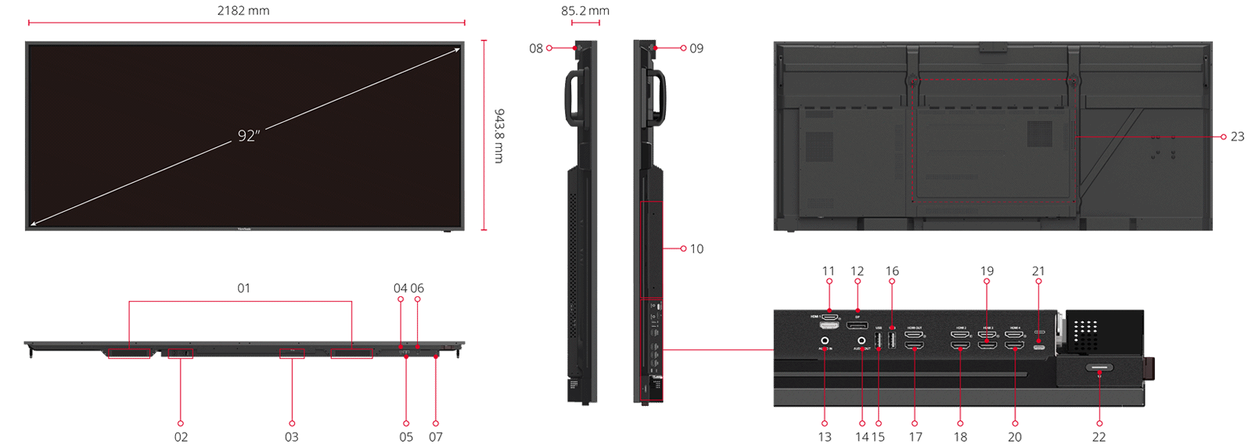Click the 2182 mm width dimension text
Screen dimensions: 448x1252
(243, 11)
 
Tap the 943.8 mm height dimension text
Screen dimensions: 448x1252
(499, 136)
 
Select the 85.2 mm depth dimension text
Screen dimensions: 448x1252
(585, 11)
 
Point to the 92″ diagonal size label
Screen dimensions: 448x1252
(249, 136)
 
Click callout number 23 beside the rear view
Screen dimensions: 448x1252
(1237, 137)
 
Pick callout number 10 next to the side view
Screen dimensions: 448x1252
(696, 249)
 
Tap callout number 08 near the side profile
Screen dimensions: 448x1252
(536, 48)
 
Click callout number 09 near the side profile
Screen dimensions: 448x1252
(696, 48)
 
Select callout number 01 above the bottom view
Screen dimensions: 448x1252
(244, 289)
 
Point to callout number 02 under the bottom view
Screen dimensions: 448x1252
(181, 437)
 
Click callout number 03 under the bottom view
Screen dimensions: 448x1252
(291, 437)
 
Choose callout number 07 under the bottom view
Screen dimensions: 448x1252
(436, 437)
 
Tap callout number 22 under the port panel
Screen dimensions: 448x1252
(1099, 437)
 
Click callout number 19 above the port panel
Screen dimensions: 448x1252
(987, 271)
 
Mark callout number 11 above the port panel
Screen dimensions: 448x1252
(829, 271)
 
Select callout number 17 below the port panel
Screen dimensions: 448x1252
(916, 437)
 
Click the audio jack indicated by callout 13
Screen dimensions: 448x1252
(825, 341)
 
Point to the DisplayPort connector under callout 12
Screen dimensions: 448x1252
(857, 325)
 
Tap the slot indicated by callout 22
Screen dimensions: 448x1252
(1099, 367)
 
